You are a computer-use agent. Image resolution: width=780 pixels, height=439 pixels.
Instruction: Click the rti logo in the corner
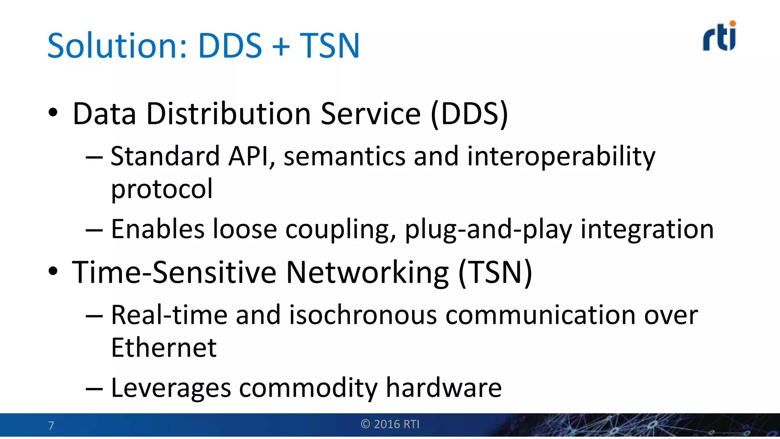[719, 37]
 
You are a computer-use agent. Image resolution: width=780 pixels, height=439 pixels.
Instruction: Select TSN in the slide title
[329, 46]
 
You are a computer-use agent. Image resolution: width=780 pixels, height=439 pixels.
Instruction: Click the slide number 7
[51, 425]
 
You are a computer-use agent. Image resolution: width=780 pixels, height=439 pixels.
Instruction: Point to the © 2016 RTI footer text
[390, 424]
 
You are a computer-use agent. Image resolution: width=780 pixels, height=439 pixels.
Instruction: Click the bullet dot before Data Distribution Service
[53, 113]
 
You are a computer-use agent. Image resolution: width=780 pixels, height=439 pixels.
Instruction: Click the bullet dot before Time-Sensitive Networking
[53, 271]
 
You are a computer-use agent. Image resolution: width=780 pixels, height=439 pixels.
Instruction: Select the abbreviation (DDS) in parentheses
[470, 114]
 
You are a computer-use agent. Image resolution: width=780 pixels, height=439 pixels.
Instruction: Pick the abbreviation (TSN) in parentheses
[495, 272]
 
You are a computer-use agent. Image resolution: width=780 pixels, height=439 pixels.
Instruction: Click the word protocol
[162, 189]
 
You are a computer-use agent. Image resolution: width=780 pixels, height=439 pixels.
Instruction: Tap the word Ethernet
[164, 348]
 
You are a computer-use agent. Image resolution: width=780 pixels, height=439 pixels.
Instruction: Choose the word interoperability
[561, 156]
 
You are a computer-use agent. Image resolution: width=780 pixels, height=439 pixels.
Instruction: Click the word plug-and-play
[488, 229]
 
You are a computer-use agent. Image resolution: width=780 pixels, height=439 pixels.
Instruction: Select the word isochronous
[363, 315]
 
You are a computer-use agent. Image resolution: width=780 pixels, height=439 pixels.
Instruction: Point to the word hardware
[444, 388]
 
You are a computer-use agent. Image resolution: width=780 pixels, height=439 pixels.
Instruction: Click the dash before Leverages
[94, 389]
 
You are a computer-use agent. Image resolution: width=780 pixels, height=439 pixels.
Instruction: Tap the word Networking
[368, 272]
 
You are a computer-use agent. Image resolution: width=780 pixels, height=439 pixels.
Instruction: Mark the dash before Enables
[94, 230]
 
